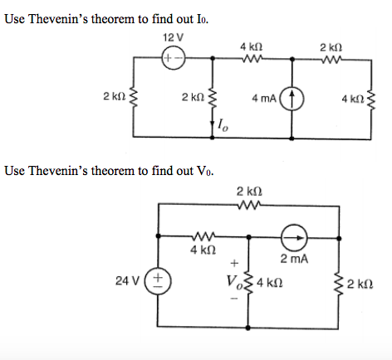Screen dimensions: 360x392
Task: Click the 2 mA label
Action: pos(295,260)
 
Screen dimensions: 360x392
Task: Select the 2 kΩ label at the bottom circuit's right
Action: pos(362,281)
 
